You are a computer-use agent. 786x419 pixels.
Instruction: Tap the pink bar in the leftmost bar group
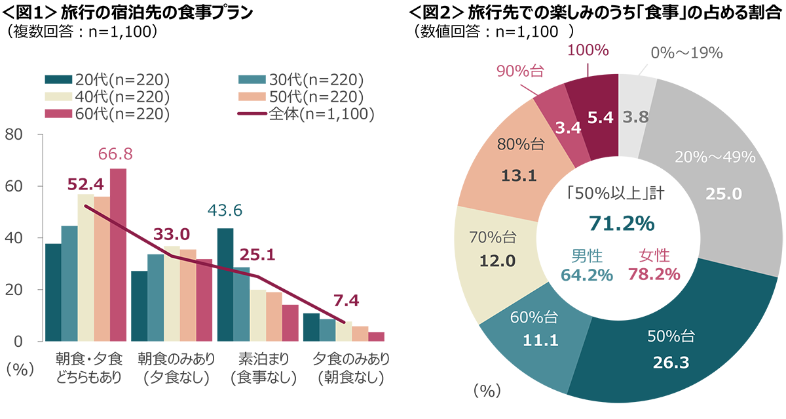pos(119,289)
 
